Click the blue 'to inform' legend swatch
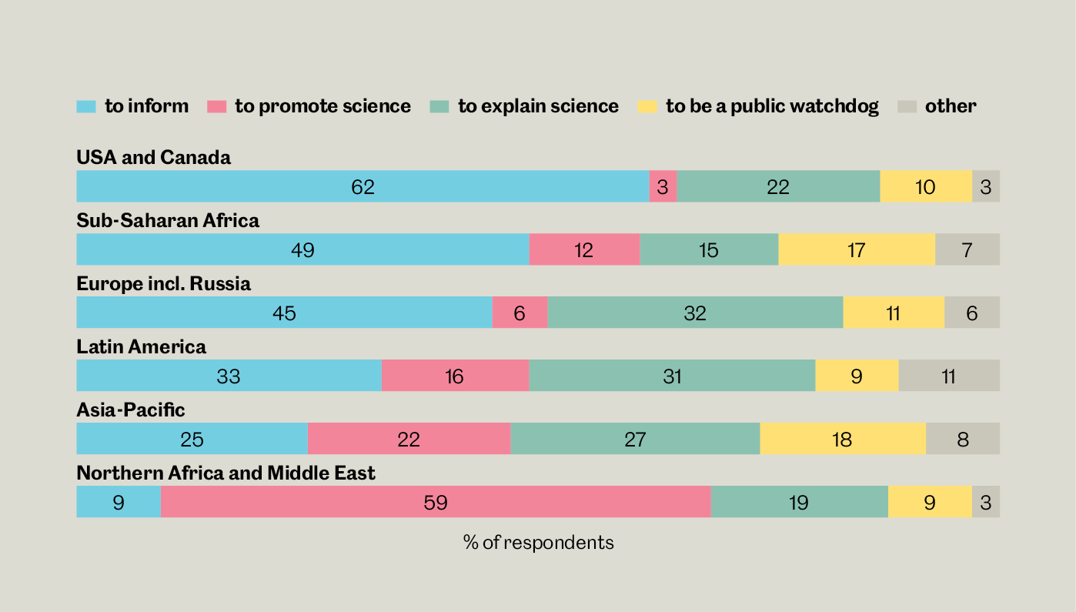point(86,107)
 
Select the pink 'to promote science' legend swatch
point(216,107)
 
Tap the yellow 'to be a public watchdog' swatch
point(647,107)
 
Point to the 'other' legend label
point(951,106)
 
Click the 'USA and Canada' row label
point(153,158)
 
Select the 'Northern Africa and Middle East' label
point(226,473)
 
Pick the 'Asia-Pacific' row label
point(131,410)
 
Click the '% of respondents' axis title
point(538,543)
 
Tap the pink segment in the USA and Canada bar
point(663,186)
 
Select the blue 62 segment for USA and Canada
point(363,186)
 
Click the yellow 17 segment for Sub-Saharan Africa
point(857,249)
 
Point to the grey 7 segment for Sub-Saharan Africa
point(967,249)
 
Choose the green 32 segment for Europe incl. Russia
point(695,313)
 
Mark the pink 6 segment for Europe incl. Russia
point(520,313)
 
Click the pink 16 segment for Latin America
point(455,376)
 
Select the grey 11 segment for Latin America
point(949,376)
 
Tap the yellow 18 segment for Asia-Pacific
point(843,439)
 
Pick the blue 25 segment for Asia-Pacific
point(192,439)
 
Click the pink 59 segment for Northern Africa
point(436,502)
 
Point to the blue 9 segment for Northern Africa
point(119,502)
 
